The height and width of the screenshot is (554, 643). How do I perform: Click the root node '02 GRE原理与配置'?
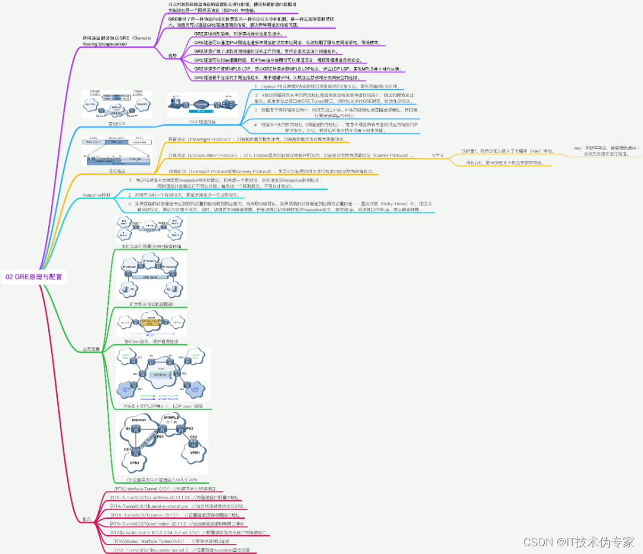click(33, 276)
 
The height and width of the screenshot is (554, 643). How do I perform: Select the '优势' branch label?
click(172, 55)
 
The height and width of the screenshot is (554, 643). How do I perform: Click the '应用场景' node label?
click(90, 348)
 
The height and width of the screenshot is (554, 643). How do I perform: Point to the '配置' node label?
click(88, 519)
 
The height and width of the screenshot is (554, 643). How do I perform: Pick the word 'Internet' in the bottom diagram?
click(139, 420)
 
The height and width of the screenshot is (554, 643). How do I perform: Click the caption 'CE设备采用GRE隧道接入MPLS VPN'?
click(163, 478)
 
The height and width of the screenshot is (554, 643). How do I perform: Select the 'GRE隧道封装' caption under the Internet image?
click(202, 122)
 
